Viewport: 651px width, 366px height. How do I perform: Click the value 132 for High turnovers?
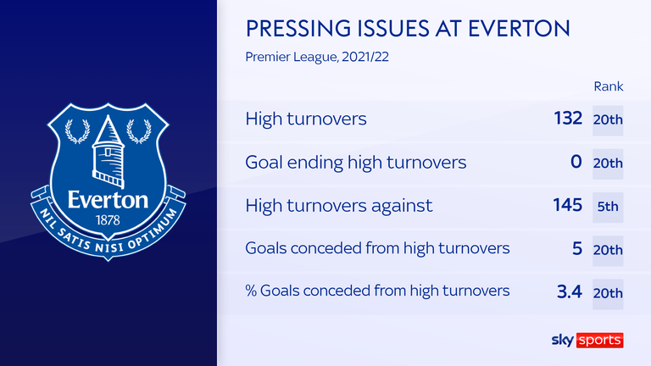pyautogui.click(x=568, y=119)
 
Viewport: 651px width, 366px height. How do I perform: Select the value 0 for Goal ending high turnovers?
pyautogui.click(x=576, y=162)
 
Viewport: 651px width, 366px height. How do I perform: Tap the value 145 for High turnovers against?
pyautogui.click(x=568, y=205)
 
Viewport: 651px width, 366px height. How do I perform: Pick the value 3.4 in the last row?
pyautogui.click(x=570, y=291)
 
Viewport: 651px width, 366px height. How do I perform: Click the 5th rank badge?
pyautogui.click(x=608, y=207)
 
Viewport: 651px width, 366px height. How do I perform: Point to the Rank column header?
pyautogui.click(x=609, y=86)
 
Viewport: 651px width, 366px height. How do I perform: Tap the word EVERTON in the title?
pyautogui.click(x=519, y=29)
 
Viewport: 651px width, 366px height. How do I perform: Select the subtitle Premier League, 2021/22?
pyautogui.click(x=317, y=57)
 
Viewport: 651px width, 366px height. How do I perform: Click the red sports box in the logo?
pyautogui.click(x=599, y=341)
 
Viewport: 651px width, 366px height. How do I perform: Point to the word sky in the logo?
pyautogui.click(x=563, y=341)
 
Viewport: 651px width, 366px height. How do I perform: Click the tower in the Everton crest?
pyautogui.click(x=108, y=152)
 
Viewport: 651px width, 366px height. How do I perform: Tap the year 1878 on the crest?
pyautogui.click(x=108, y=220)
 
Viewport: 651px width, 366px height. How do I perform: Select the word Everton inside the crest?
pyautogui.click(x=108, y=200)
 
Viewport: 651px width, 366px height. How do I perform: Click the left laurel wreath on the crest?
pyautogui.click(x=78, y=131)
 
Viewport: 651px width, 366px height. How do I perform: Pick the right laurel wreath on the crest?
pyautogui.click(x=139, y=131)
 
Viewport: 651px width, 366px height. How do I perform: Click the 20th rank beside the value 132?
pyautogui.click(x=608, y=120)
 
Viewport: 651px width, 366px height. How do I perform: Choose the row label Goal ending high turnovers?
pyautogui.click(x=356, y=163)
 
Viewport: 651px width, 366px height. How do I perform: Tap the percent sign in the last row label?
pyautogui.click(x=251, y=291)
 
